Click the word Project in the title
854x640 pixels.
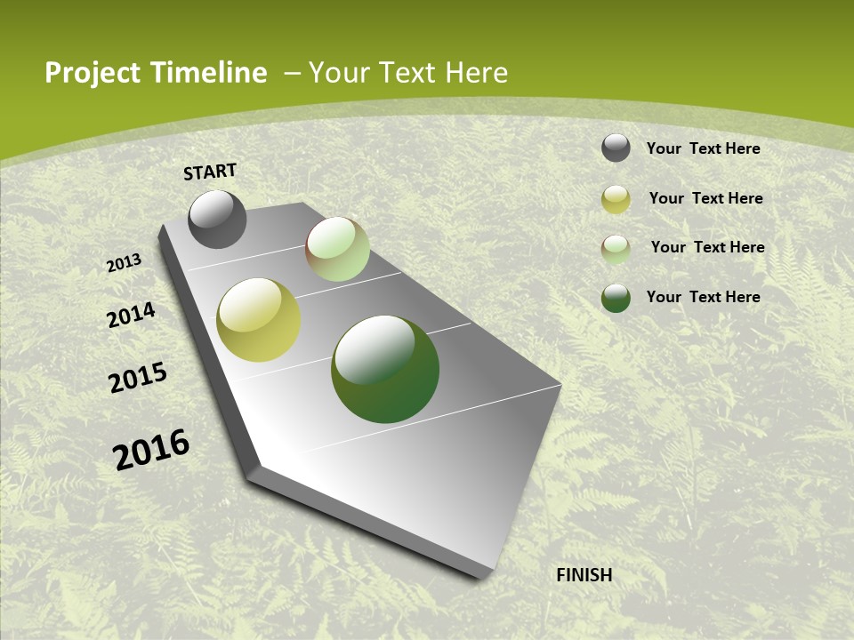(x=93, y=73)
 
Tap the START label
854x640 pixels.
(x=210, y=172)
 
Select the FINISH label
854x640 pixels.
(x=584, y=575)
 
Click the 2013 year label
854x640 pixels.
(x=125, y=263)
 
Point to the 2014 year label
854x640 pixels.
(x=132, y=315)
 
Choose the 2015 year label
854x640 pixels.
(x=138, y=377)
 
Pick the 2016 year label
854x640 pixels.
(x=151, y=450)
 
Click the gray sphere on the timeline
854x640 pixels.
(x=217, y=219)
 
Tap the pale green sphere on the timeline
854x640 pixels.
(x=337, y=249)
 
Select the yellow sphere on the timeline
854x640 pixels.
(x=259, y=320)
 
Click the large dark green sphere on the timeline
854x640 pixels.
(x=385, y=369)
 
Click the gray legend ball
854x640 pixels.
(x=616, y=148)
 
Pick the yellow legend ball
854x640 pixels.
(x=616, y=200)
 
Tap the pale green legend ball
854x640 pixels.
(x=616, y=249)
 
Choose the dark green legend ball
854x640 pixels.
(x=616, y=298)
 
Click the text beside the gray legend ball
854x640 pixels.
(x=703, y=148)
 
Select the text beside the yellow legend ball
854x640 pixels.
(x=705, y=198)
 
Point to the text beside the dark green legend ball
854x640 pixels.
(x=703, y=297)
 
